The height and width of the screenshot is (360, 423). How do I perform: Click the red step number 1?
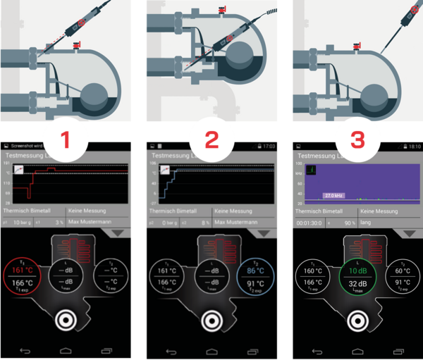click(x=66, y=138)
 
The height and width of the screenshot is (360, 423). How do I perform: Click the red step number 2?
click(x=212, y=138)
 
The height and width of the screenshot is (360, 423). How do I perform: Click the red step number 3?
click(x=357, y=138)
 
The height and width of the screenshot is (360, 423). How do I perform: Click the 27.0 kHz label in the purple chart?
click(x=333, y=195)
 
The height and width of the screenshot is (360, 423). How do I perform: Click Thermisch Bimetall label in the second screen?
click(x=177, y=211)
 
